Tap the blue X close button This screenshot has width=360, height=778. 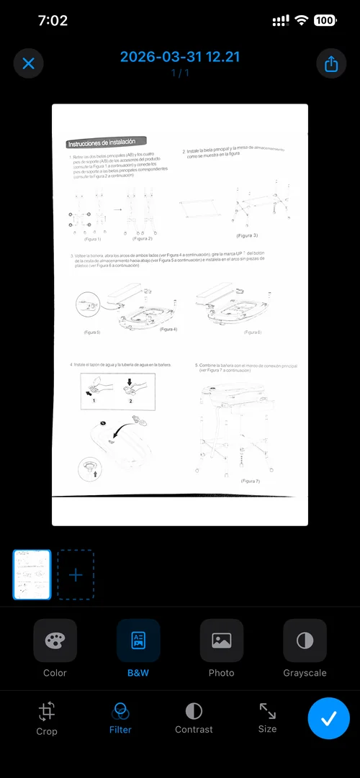pos(29,63)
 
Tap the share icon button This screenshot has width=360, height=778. pos(331,63)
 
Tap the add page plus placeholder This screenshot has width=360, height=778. pos(76,575)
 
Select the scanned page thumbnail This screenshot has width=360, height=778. pos(32,575)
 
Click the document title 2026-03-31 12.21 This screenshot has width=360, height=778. pos(179,58)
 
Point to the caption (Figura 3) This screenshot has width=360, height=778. pos(246,235)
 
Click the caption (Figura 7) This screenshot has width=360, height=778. pos(250,480)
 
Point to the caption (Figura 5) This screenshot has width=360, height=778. pos(92,333)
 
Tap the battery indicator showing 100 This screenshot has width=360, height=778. pos(324,21)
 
